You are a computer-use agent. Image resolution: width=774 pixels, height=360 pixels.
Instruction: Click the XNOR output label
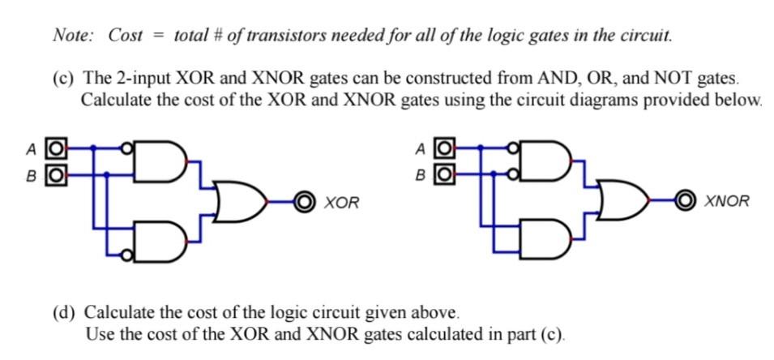(x=727, y=201)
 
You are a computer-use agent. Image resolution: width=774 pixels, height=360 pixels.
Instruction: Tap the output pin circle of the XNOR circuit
(x=686, y=200)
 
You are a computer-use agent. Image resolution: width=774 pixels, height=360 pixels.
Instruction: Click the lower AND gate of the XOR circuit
(x=159, y=242)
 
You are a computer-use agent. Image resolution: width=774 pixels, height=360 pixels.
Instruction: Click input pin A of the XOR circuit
(x=55, y=148)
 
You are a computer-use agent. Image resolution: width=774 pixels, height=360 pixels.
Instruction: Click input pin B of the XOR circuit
(x=55, y=173)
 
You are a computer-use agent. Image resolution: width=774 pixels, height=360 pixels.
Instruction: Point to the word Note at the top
(x=72, y=35)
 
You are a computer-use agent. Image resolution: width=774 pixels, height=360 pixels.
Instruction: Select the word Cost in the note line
(x=126, y=35)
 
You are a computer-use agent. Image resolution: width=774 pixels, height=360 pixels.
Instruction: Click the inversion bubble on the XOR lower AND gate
(x=126, y=255)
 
